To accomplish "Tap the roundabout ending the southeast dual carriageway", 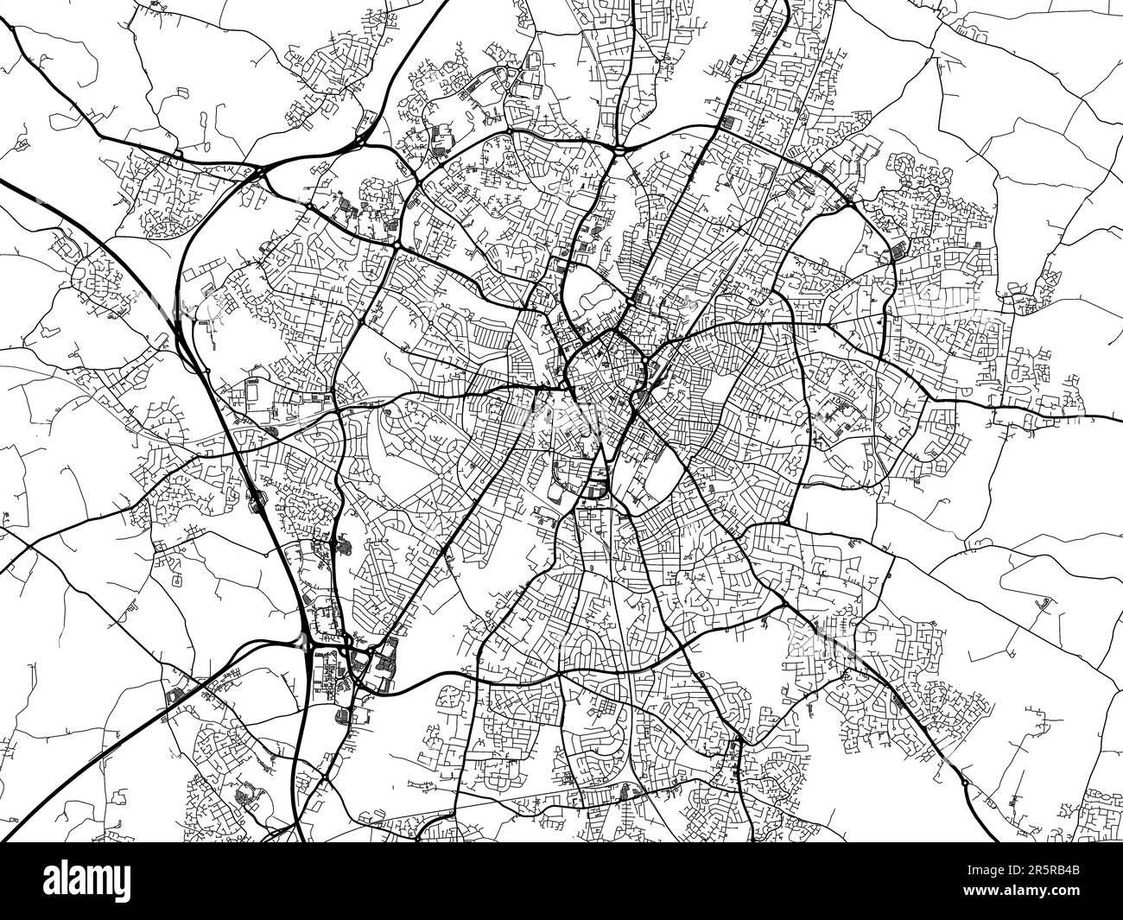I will pyautogui.click(x=964, y=783).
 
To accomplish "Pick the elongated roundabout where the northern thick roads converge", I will pyautogui.click(x=620, y=149).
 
